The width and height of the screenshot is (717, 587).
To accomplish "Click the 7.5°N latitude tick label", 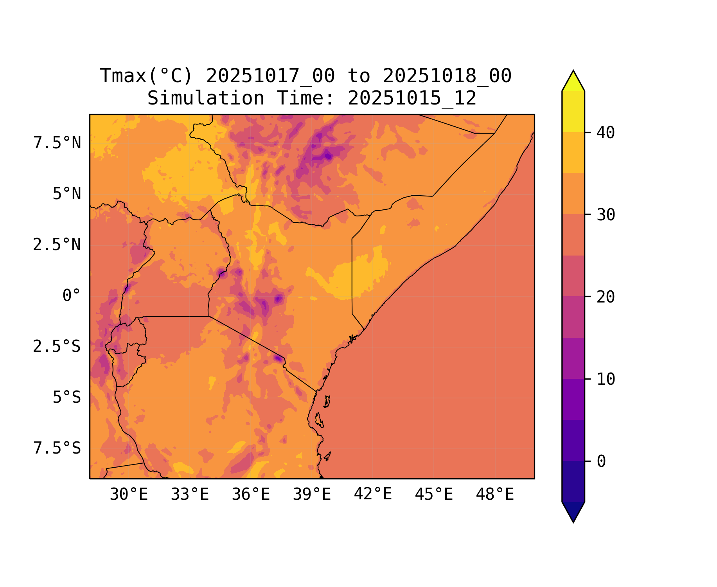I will [x=57, y=143].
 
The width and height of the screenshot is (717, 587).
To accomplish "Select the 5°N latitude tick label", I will [x=67, y=194].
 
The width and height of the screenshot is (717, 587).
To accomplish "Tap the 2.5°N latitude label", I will [x=57, y=245].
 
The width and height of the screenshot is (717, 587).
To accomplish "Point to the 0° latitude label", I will [x=72, y=296].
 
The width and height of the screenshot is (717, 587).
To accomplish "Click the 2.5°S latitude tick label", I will [x=57, y=347].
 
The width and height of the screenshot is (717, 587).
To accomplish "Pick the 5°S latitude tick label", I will [x=67, y=398].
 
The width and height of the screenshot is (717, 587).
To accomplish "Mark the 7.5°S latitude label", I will [x=57, y=448].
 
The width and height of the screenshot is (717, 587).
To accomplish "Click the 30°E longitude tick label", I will [x=129, y=495].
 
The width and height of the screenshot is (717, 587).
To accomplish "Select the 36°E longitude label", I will [x=251, y=495].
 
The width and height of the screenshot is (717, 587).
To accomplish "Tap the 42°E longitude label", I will [x=373, y=495].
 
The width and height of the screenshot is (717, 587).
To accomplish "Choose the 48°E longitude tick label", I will [x=495, y=495].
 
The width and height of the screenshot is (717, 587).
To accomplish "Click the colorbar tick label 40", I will [x=606, y=133].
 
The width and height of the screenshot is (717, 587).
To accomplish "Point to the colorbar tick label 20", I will [x=606, y=297].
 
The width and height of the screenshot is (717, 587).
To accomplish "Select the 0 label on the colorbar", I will [x=601, y=462].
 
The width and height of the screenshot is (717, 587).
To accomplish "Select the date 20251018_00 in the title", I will [x=447, y=76].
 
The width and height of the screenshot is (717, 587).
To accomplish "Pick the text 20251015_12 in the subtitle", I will [x=412, y=98].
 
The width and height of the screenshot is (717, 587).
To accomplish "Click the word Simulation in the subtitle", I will [x=206, y=98].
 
